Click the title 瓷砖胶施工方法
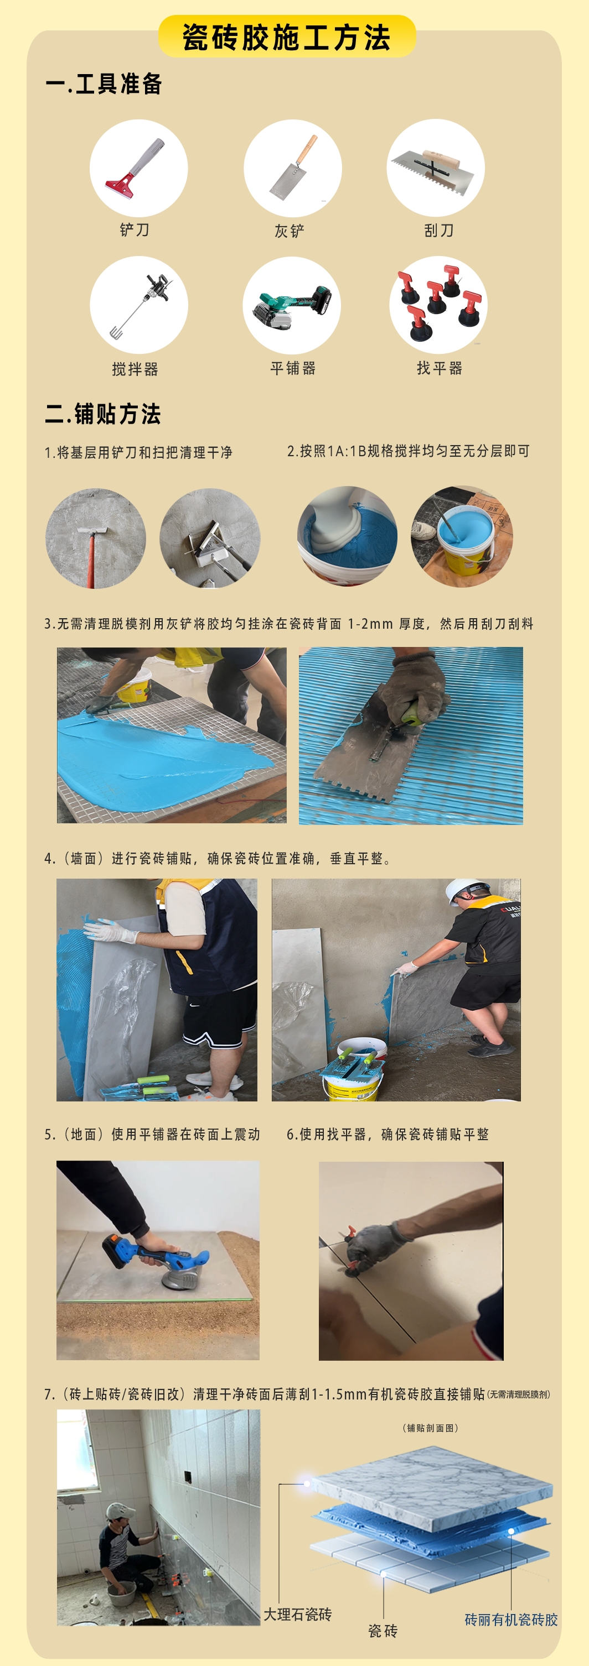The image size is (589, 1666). click(286, 38)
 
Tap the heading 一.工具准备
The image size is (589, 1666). click(104, 84)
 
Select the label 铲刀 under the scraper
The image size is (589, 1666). click(135, 230)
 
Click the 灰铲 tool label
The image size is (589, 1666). click(290, 231)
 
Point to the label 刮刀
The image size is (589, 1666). click(439, 230)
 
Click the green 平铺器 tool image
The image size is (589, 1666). click(292, 305)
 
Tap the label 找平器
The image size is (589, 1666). click(440, 368)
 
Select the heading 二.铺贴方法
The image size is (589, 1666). click(103, 414)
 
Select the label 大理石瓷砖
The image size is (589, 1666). click(298, 1614)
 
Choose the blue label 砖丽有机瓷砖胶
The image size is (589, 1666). click(512, 1620)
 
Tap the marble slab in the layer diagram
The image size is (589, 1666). click(432, 1484)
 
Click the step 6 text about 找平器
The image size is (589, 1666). click(387, 1134)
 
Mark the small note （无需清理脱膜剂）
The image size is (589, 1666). click(519, 1395)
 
